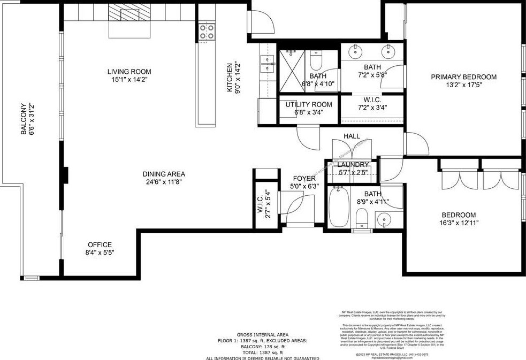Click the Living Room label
pos(129,71)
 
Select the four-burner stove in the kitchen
pos(207,32)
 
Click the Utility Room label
pos(308,104)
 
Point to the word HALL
pos(352,136)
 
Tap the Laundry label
pos(353,164)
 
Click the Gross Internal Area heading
pos(262,334)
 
